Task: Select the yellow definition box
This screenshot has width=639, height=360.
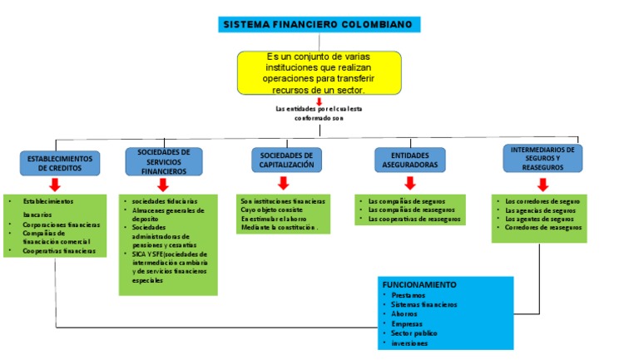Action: coord(319,72)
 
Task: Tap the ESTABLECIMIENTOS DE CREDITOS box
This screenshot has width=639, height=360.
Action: coord(60,162)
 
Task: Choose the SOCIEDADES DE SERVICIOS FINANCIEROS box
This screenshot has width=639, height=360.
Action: coord(163,161)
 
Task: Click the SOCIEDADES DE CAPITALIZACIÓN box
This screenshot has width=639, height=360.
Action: coord(286,160)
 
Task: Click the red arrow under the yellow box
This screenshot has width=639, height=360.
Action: coord(319,101)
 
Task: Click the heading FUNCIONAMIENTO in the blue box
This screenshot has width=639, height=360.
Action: coord(419,284)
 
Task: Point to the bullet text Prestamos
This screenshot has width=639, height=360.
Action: coord(408,295)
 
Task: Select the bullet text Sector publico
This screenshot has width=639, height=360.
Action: coord(414,333)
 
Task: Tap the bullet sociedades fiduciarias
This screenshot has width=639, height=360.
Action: coord(165,201)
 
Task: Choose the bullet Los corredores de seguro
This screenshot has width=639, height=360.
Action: coord(542,201)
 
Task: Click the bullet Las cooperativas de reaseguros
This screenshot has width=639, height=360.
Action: coord(414,219)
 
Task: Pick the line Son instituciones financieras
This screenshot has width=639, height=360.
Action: coord(283,201)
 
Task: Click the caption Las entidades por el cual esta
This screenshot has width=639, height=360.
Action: coord(319,109)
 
